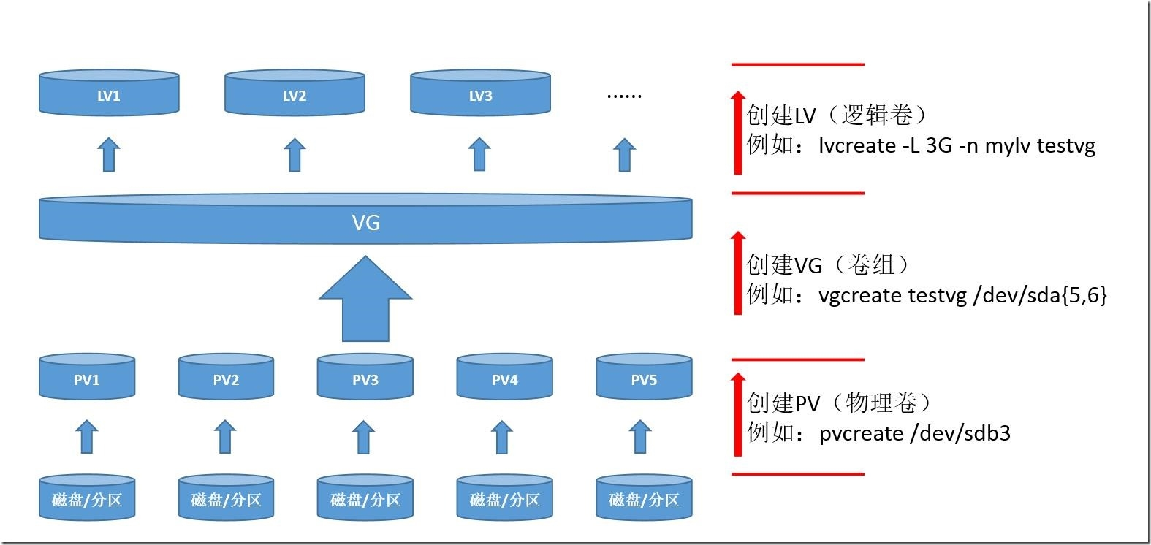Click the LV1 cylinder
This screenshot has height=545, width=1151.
pos(109,94)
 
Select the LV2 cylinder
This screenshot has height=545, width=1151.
pos(295,94)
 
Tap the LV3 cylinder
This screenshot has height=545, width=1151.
pos(480,94)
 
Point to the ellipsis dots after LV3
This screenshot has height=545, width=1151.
pos(624,95)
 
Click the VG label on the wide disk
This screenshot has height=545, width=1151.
pos(365,222)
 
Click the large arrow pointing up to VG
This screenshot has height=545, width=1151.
pos(365,300)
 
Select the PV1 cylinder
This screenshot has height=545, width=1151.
pos(86,378)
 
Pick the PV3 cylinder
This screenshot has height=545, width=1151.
pos(365,378)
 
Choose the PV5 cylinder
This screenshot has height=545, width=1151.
pos(644,378)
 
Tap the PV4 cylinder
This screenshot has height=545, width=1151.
pos(504,378)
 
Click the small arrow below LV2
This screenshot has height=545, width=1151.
pos(295,155)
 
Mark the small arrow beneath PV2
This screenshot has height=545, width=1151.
pos(225,437)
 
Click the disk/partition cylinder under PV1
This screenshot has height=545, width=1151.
pos(86,499)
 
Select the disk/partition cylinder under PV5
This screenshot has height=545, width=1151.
pos(644,499)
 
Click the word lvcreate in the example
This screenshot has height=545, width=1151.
pos(856,145)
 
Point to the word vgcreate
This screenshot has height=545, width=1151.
pos(860,295)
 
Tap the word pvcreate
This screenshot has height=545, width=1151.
pos(861,433)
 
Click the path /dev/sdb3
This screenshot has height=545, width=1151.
pos(960,433)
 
